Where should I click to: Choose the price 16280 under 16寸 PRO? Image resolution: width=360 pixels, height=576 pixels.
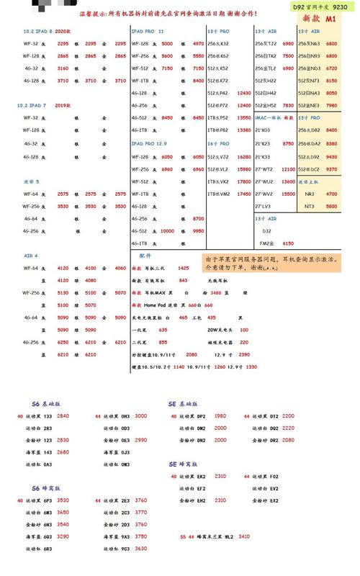click(x=243, y=156)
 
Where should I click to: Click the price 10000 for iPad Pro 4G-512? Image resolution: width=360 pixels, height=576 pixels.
click(x=167, y=230)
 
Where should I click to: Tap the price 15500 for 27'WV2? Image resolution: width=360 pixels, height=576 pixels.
click(x=288, y=194)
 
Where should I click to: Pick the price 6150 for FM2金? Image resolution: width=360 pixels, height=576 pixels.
click(x=288, y=243)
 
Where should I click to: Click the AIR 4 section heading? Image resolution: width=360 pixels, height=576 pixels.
click(x=31, y=256)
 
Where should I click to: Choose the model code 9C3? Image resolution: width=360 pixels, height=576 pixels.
click(x=125, y=549)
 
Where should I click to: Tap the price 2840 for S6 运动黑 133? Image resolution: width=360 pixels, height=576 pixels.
click(x=63, y=416)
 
